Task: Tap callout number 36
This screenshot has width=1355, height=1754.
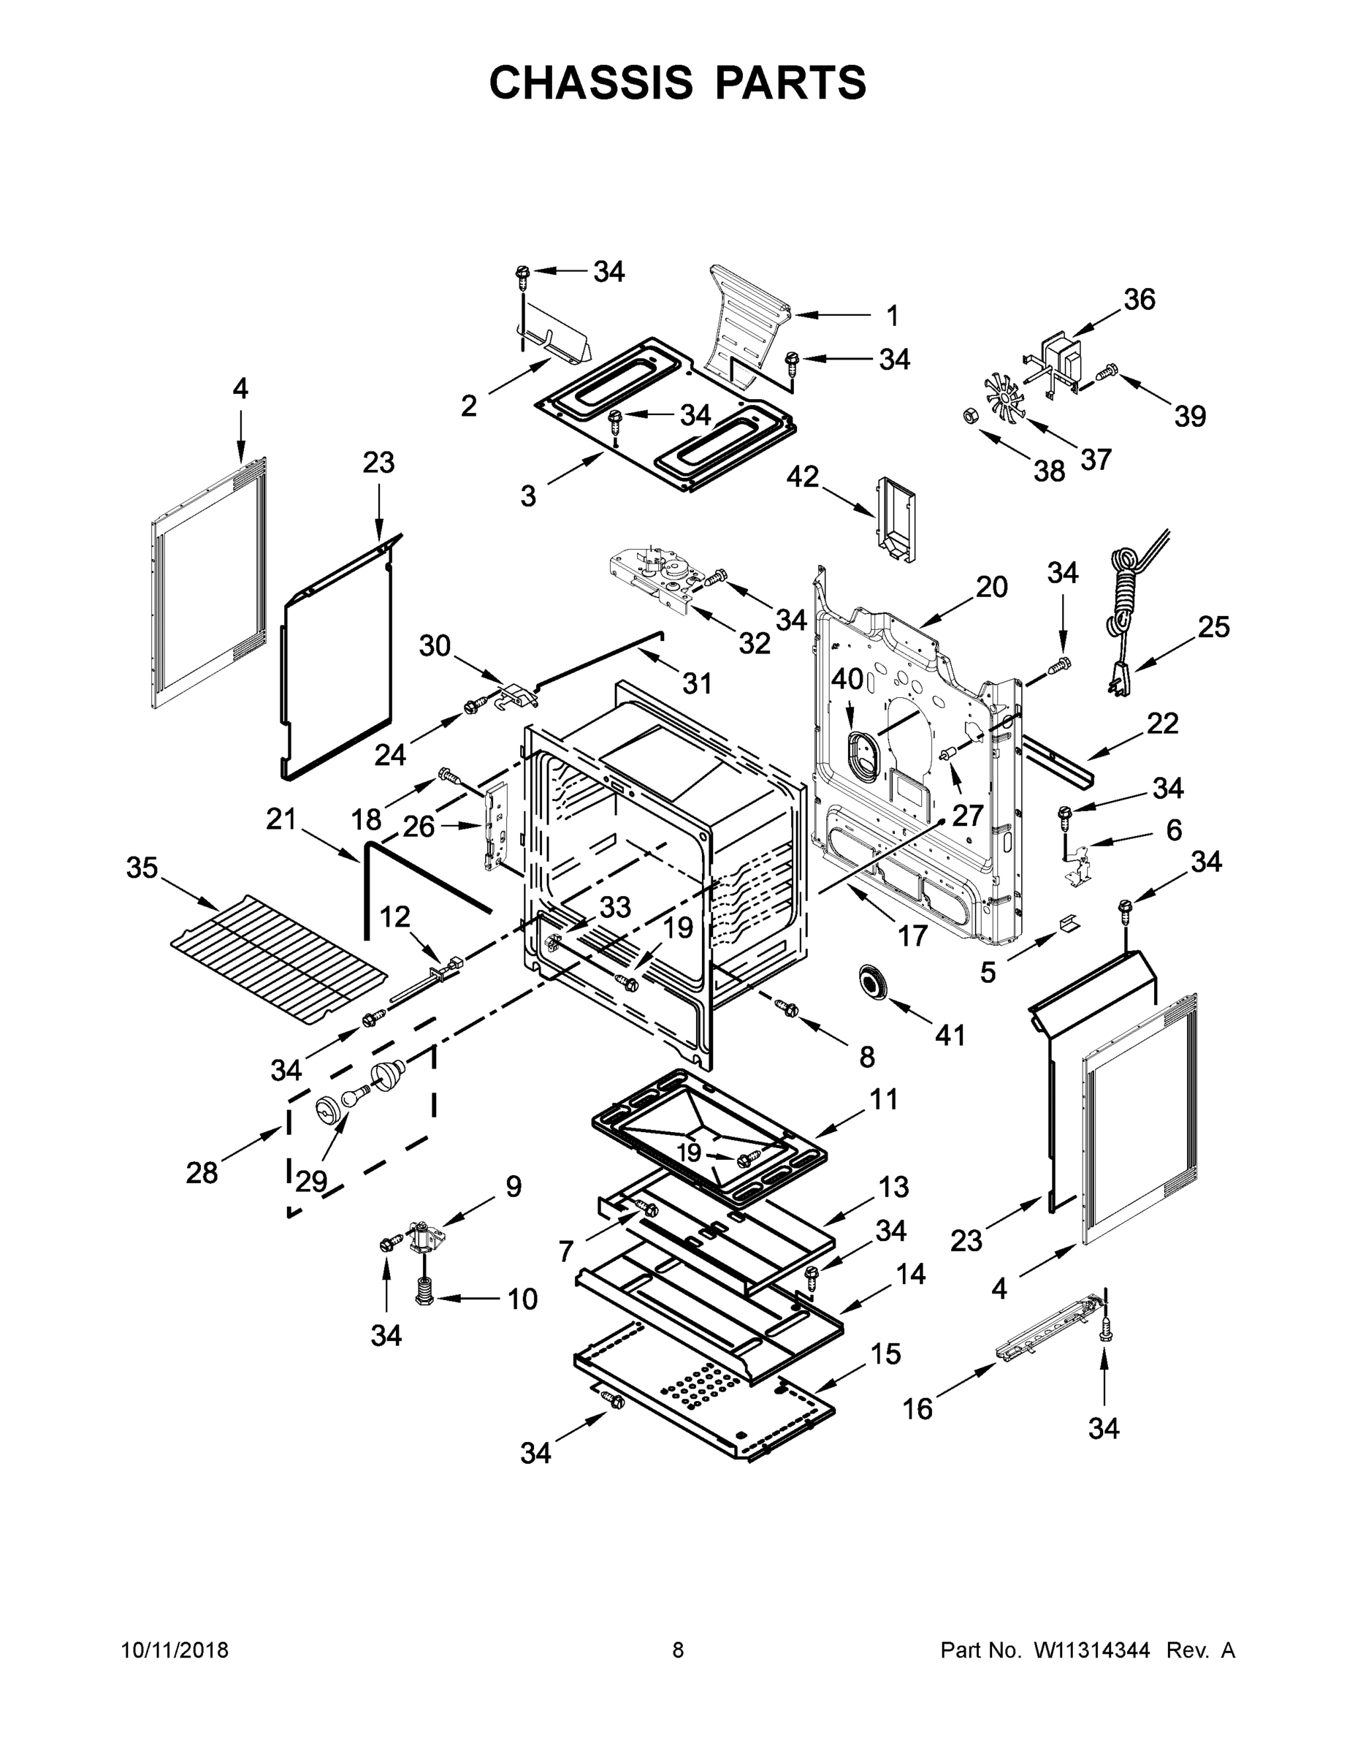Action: point(1138,300)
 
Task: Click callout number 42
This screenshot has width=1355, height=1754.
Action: point(802,477)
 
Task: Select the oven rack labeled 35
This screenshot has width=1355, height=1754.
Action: point(278,960)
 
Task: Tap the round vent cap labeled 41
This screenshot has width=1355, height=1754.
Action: point(871,982)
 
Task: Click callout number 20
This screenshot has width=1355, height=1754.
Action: point(991,587)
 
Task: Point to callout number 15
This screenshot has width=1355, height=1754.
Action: point(885,1354)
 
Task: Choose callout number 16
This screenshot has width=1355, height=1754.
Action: point(917,1408)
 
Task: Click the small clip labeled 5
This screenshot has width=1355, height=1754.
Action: point(1069,925)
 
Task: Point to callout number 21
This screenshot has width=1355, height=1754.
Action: point(281,820)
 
